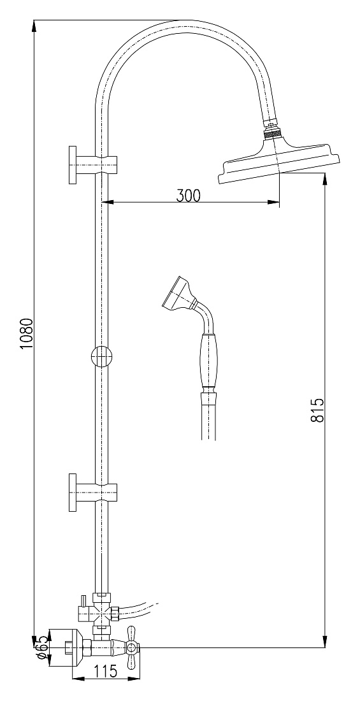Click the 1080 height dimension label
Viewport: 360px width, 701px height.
click(x=26, y=334)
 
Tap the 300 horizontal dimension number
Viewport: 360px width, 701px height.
click(x=188, y=196)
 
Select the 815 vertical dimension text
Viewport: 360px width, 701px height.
click(x=317, y=410)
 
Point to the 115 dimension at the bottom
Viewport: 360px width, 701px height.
click(x=106, y=671)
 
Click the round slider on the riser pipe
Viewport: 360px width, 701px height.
click(x=102, y=357)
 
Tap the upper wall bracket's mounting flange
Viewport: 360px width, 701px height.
click(x=73, y=164)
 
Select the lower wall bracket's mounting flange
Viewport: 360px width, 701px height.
click(x=73, y=492)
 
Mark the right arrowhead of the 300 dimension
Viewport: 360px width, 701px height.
click(x=274, y=203)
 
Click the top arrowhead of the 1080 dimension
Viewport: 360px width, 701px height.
click(x=34, y=26)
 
